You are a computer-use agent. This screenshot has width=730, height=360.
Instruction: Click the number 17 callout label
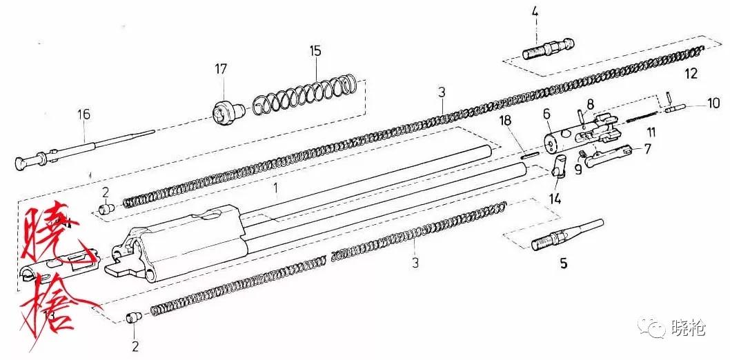coord(221,69)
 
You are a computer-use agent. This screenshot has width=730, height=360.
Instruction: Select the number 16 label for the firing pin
coord(83,114)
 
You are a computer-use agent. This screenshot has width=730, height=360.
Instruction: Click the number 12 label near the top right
coord(691,73)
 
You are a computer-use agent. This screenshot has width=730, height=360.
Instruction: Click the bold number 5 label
coord(563,263)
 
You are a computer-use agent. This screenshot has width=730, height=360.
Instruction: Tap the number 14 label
coord(555,200)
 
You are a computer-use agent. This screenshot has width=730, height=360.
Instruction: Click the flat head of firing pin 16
coord(23,163)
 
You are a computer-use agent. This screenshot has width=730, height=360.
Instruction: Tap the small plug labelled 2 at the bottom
coord(134,317)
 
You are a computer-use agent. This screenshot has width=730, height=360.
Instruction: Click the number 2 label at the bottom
coord(135,346)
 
